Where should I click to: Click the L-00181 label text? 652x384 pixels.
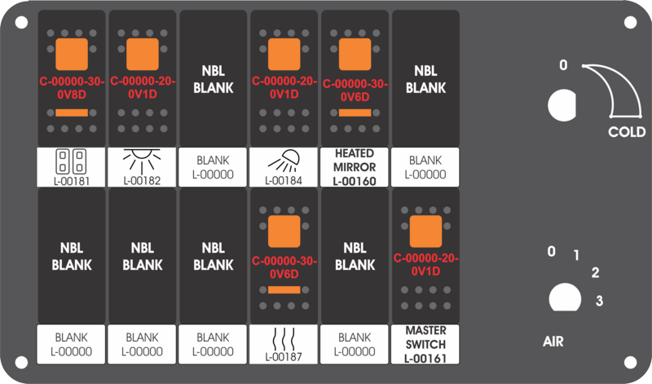[x=72, y=181]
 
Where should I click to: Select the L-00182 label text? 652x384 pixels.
[x=142, y=181]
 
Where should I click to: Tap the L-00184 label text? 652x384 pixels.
[x=284, y=181]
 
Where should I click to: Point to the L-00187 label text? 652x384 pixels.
[x=284, y=357]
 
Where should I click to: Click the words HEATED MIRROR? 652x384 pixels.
[x=355, y=160]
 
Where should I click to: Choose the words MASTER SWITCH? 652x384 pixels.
[x=425, y=338]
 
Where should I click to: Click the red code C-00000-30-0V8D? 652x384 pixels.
[x=72, y=88]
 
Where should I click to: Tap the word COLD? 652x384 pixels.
[x=627, y=132]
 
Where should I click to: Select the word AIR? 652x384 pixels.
[x=553, y=342]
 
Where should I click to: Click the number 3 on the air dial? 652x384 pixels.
[x=599, y=300]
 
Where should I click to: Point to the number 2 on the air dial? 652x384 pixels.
[x=596, y=273]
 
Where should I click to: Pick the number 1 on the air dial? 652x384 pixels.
[x=576, y=255]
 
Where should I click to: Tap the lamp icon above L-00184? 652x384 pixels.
[x=284, y=161]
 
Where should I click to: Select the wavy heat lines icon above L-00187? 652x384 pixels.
[x=284, y=339]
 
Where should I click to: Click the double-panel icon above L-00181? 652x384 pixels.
[x=71, y=161]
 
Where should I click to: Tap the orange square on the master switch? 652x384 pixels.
[x=425, y=232]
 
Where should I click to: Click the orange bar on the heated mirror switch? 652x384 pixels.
[x=355, y=113]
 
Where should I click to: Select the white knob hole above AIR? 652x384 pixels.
[x=565, y=298]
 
